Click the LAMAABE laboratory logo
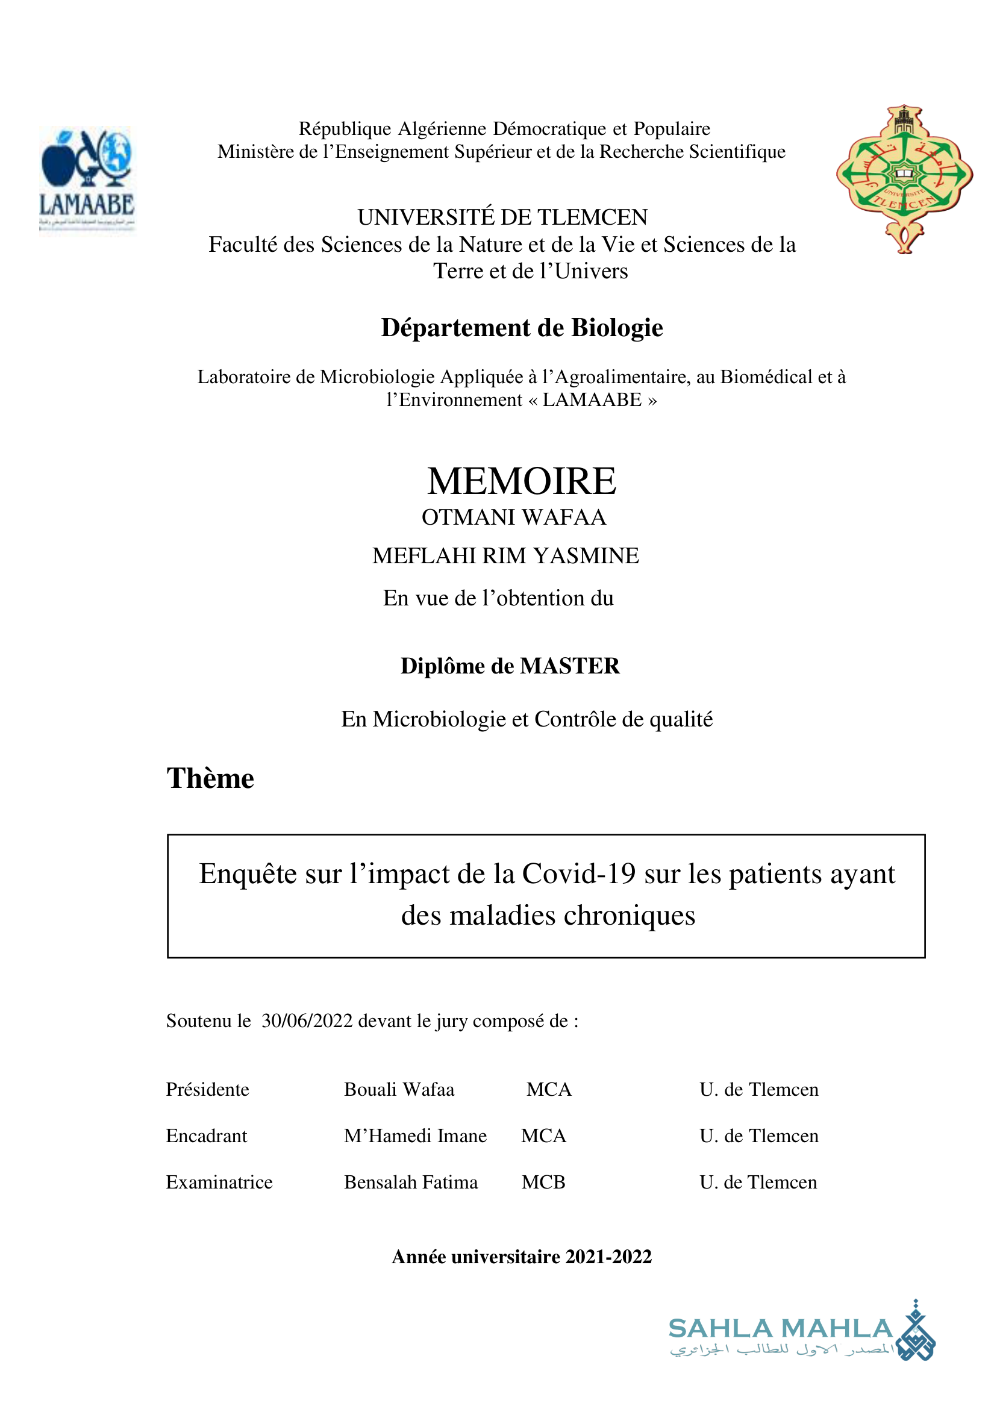tap(87, 180)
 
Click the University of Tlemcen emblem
tap(904, 179)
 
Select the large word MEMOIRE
tap(521, 481)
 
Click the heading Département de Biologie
tap(521, 328)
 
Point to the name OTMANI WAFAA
tap(513, 517)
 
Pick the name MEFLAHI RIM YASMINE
tap(505, 555)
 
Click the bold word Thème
tap(210, 778)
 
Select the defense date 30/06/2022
tap(307, 1021)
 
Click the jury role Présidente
tap(207, 1090)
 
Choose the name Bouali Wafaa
tap(399, 1090)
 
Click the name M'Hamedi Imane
tap(415, 1136)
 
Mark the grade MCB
tap(543, 1182)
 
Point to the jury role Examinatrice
tap(219, 1182)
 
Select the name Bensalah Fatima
tap(411, 1182)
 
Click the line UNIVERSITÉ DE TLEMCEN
tap(502, 217)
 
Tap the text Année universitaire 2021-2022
tap(521, 1257)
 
